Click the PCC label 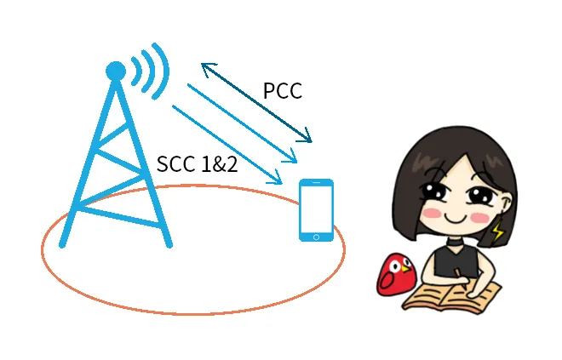283,90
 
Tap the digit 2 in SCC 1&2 231,164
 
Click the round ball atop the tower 116,71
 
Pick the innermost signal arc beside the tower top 136,71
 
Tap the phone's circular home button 316,237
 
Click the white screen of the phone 316,209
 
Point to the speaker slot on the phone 316,182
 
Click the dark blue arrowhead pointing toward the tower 208,69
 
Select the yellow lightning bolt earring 497,231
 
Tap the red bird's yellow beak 405,268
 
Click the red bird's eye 395,267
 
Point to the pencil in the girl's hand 462,278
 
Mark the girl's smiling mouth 456,219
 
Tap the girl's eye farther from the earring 435,191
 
